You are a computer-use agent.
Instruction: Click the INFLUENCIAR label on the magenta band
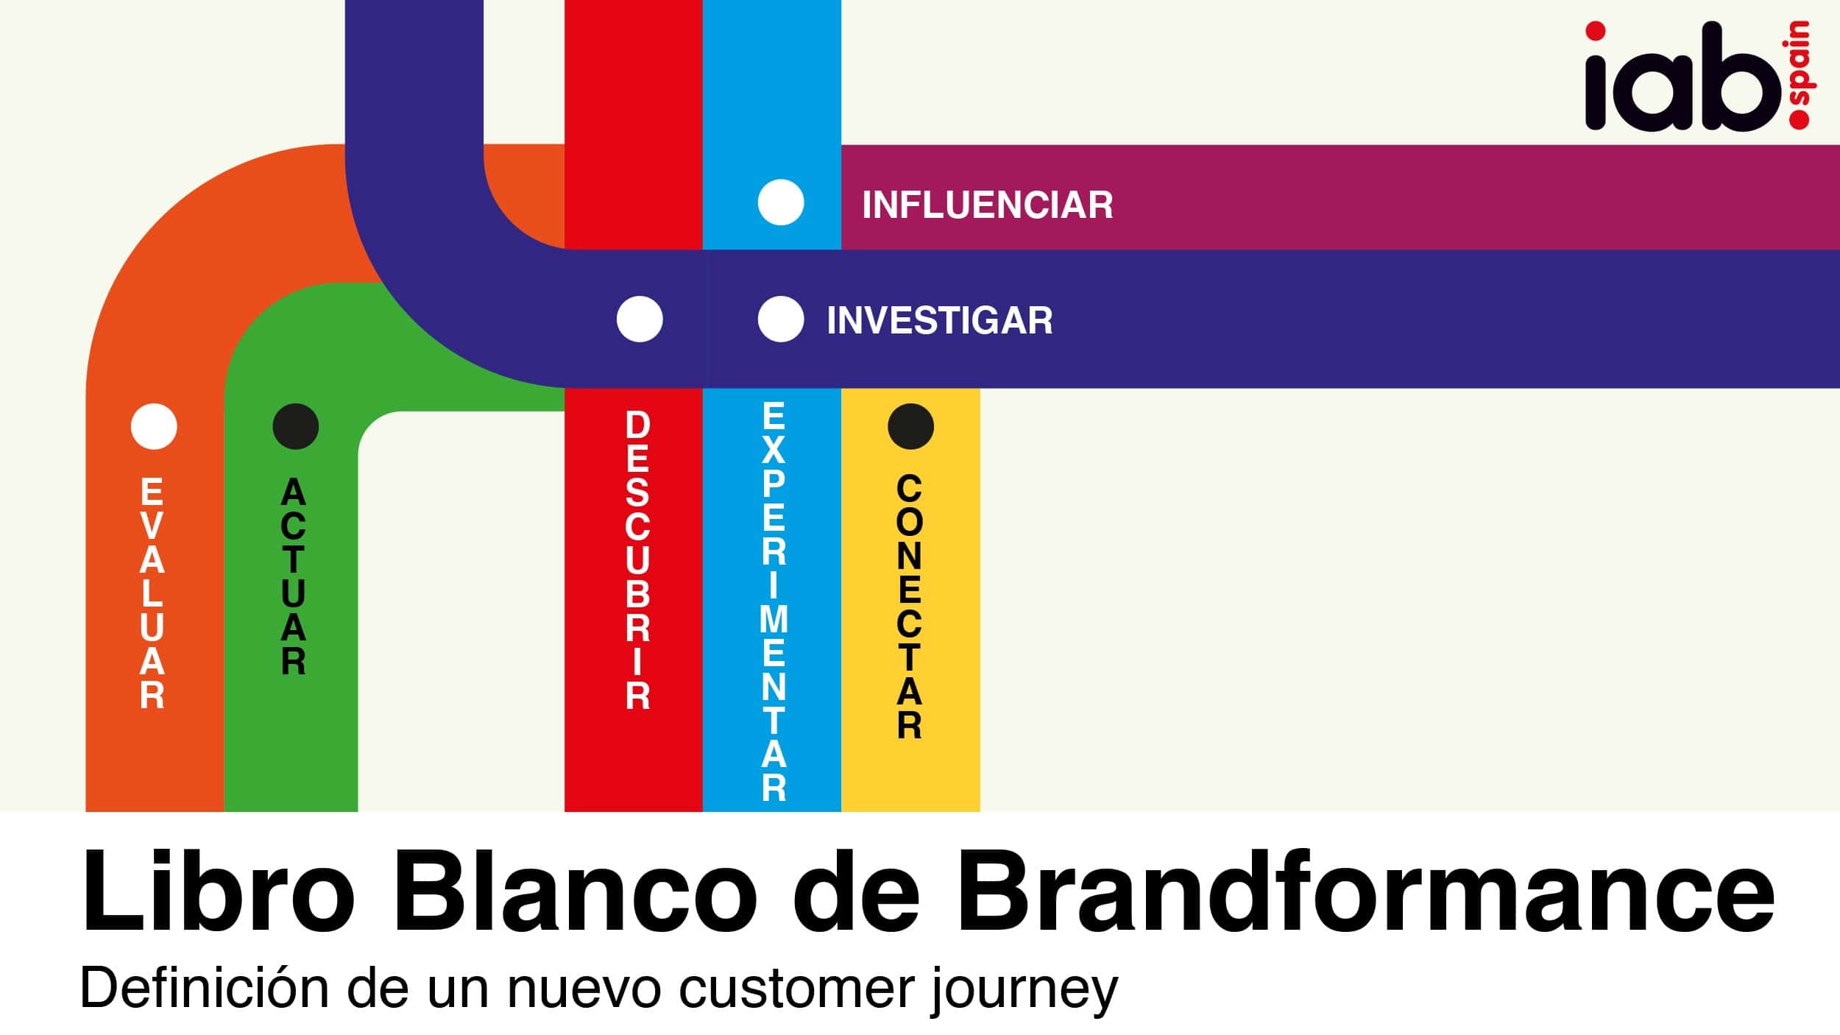coord(987,205)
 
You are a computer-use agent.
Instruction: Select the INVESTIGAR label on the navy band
coord(939,320)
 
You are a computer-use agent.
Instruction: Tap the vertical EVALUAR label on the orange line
coord(152,593)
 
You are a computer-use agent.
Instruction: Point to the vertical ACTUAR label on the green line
coord(293,576)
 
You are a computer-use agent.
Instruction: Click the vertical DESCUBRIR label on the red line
coord(638,560)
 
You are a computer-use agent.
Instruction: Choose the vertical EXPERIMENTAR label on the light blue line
coord(774,601)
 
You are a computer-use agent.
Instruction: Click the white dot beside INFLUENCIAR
coord(781,202)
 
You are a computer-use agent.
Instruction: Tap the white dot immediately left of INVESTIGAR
coord(781,319)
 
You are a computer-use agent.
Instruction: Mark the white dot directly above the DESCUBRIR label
coord(640,319)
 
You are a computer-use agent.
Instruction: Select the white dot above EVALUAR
coord(154,426)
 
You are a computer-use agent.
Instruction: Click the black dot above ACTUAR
coord(295,426)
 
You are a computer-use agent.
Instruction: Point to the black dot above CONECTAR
coord(910,426)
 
